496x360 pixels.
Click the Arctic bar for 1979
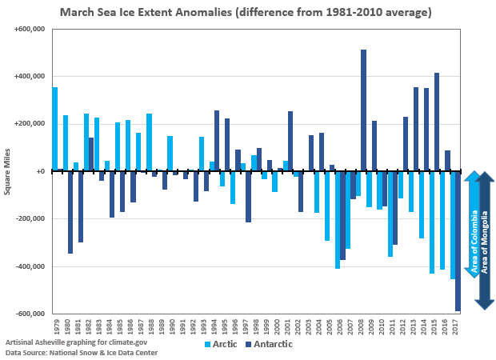55,129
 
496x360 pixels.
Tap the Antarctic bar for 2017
458,241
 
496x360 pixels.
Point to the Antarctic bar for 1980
70,212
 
